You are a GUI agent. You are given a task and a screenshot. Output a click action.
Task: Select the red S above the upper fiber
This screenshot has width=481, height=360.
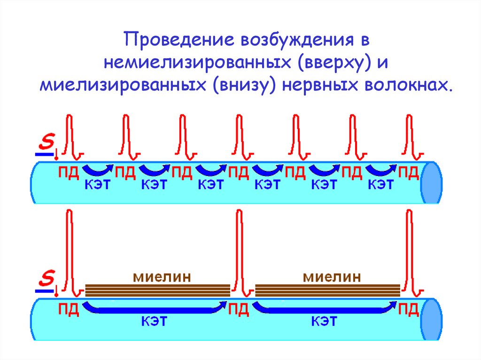(46, 140)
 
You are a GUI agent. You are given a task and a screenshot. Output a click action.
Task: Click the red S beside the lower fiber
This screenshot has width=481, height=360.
(46, 278)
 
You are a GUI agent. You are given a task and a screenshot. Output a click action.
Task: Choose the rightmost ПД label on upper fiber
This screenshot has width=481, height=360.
(408, 172)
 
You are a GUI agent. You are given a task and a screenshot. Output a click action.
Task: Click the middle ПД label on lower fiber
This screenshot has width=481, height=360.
(239, 310)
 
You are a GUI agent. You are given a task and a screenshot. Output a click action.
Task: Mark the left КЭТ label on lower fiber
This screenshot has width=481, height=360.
(155, 322)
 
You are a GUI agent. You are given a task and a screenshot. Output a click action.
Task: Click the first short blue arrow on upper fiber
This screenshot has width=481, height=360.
(98, 169)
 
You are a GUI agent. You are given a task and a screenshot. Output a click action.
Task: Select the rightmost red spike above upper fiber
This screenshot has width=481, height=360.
(410, 134)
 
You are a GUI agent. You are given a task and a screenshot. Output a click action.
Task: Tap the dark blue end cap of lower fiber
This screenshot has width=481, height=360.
(432, 321)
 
